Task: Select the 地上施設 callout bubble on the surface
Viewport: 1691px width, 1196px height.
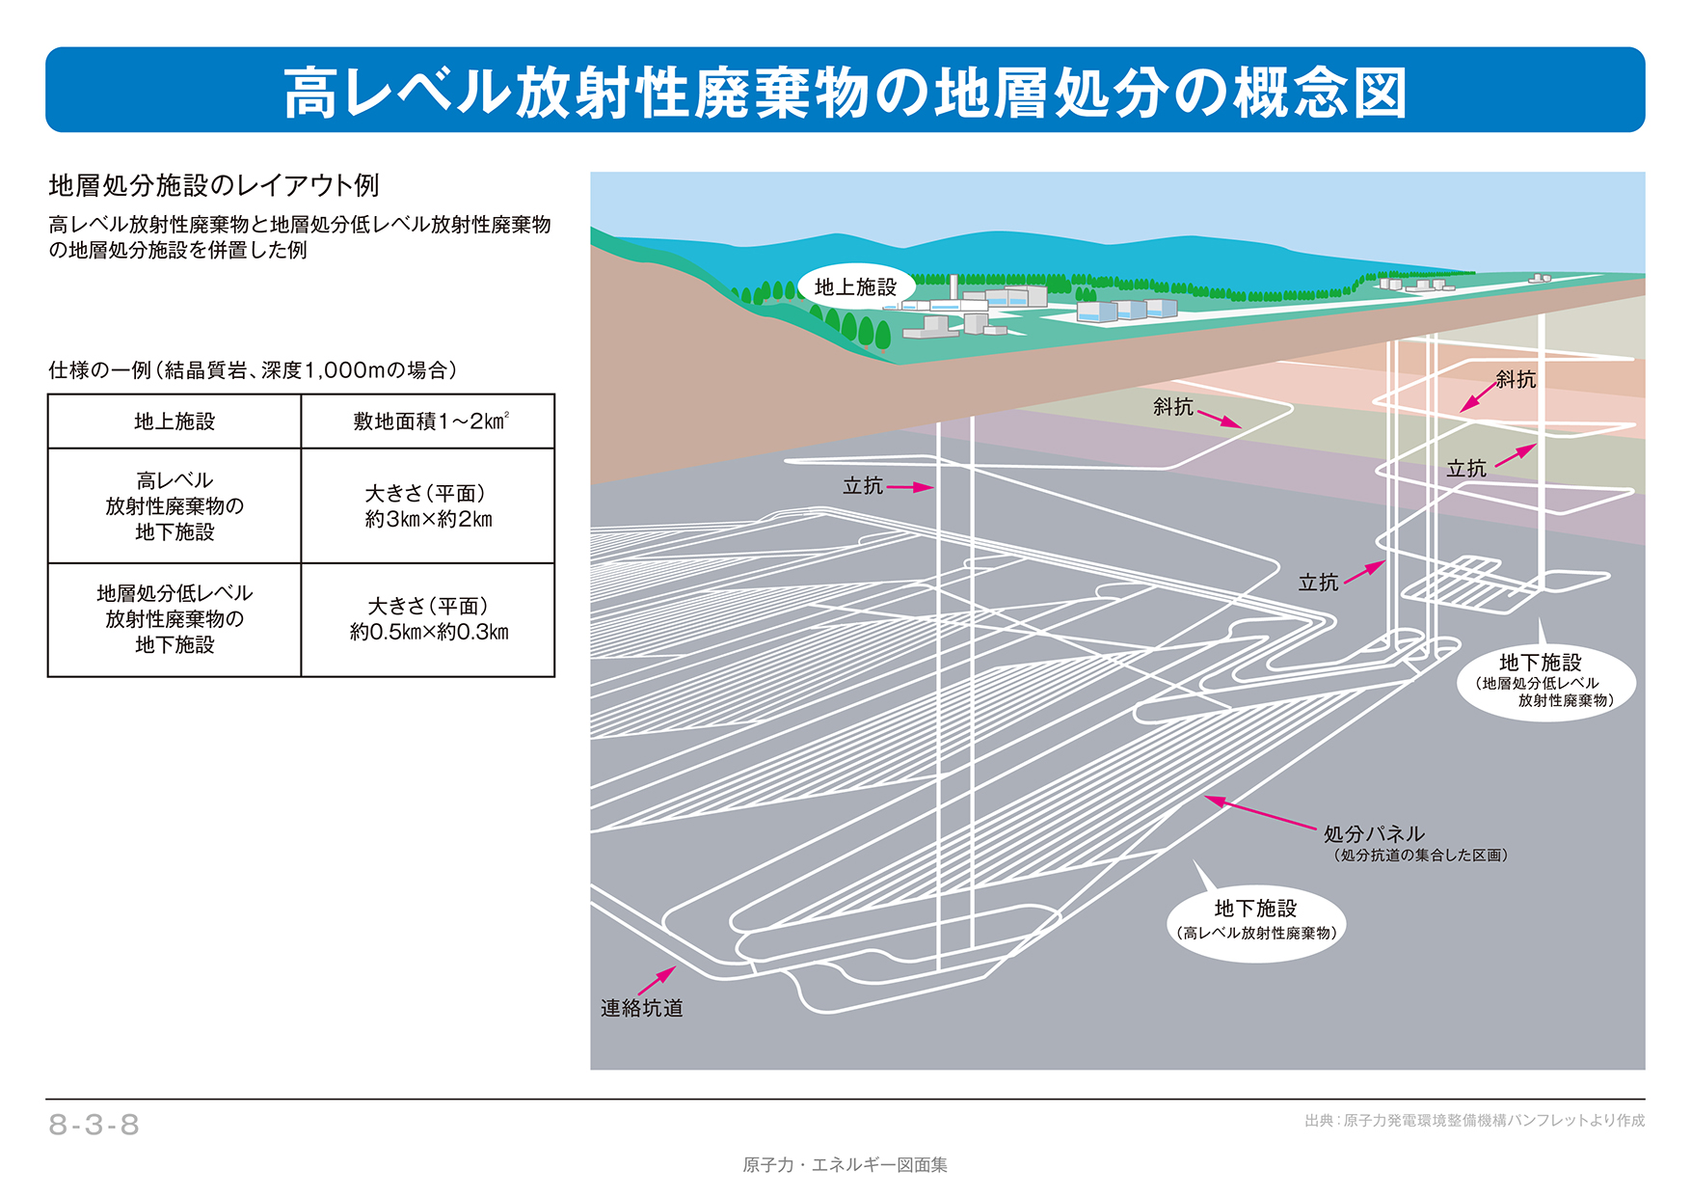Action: pyautogui.click(x=855, y=287)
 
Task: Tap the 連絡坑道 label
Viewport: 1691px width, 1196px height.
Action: pyautogui.click(x=641, y=1008)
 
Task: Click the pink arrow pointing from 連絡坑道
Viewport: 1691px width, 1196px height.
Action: pyautogui.click(x=658, y=980)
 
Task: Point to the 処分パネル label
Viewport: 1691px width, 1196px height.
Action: pyautogui.click(x=1373, y=833)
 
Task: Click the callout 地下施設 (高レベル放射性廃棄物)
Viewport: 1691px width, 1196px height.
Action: pyautogui.click(x=1256, y=919)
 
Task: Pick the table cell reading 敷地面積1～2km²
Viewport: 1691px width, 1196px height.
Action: pyautogui.click(x=428, y=421)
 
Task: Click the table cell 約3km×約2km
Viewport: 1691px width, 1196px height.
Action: pyautogui.click(x=428, y=506)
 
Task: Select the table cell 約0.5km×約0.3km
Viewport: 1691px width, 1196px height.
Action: pyautogui.click(x=428, y=619)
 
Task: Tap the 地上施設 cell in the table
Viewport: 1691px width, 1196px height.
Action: pyautogui.click(x=174, y=421)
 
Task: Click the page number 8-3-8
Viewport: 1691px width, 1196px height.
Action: pyautogui.click(x=94, y=1125)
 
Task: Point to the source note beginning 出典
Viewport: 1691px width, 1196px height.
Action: pyautogui.click(x=1474, y=1121)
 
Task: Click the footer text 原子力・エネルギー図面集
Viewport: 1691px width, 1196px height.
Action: pyautogui.click(x=845, y=1165)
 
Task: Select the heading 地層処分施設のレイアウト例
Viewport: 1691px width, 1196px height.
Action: pyautogui.click(x=214, y=185)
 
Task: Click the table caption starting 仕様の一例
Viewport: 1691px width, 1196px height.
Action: pyautogui.click(x=253, y=370)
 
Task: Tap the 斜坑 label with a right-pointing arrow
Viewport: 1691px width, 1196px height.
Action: pyautogui.click(x=1173, y=407)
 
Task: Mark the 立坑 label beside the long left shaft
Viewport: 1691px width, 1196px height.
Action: pyautogui.click(x=863, y=486)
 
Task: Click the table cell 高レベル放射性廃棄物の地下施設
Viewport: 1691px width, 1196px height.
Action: pyautogui.click(x=174, y=506)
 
